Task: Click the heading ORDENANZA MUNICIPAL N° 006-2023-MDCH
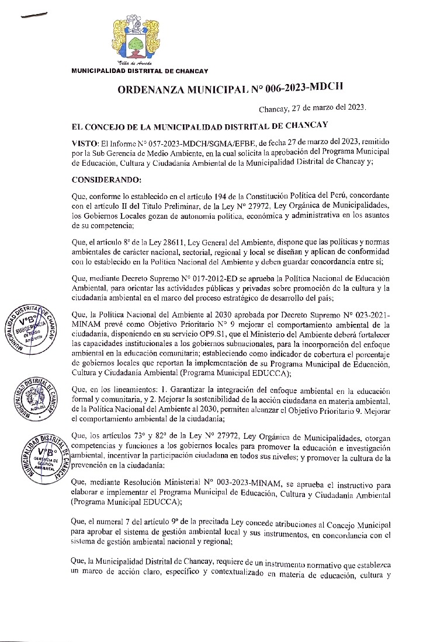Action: pyautogui.click(x=230, y=89)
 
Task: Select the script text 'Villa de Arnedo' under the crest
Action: pyautogui.click(x=135, y=62)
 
